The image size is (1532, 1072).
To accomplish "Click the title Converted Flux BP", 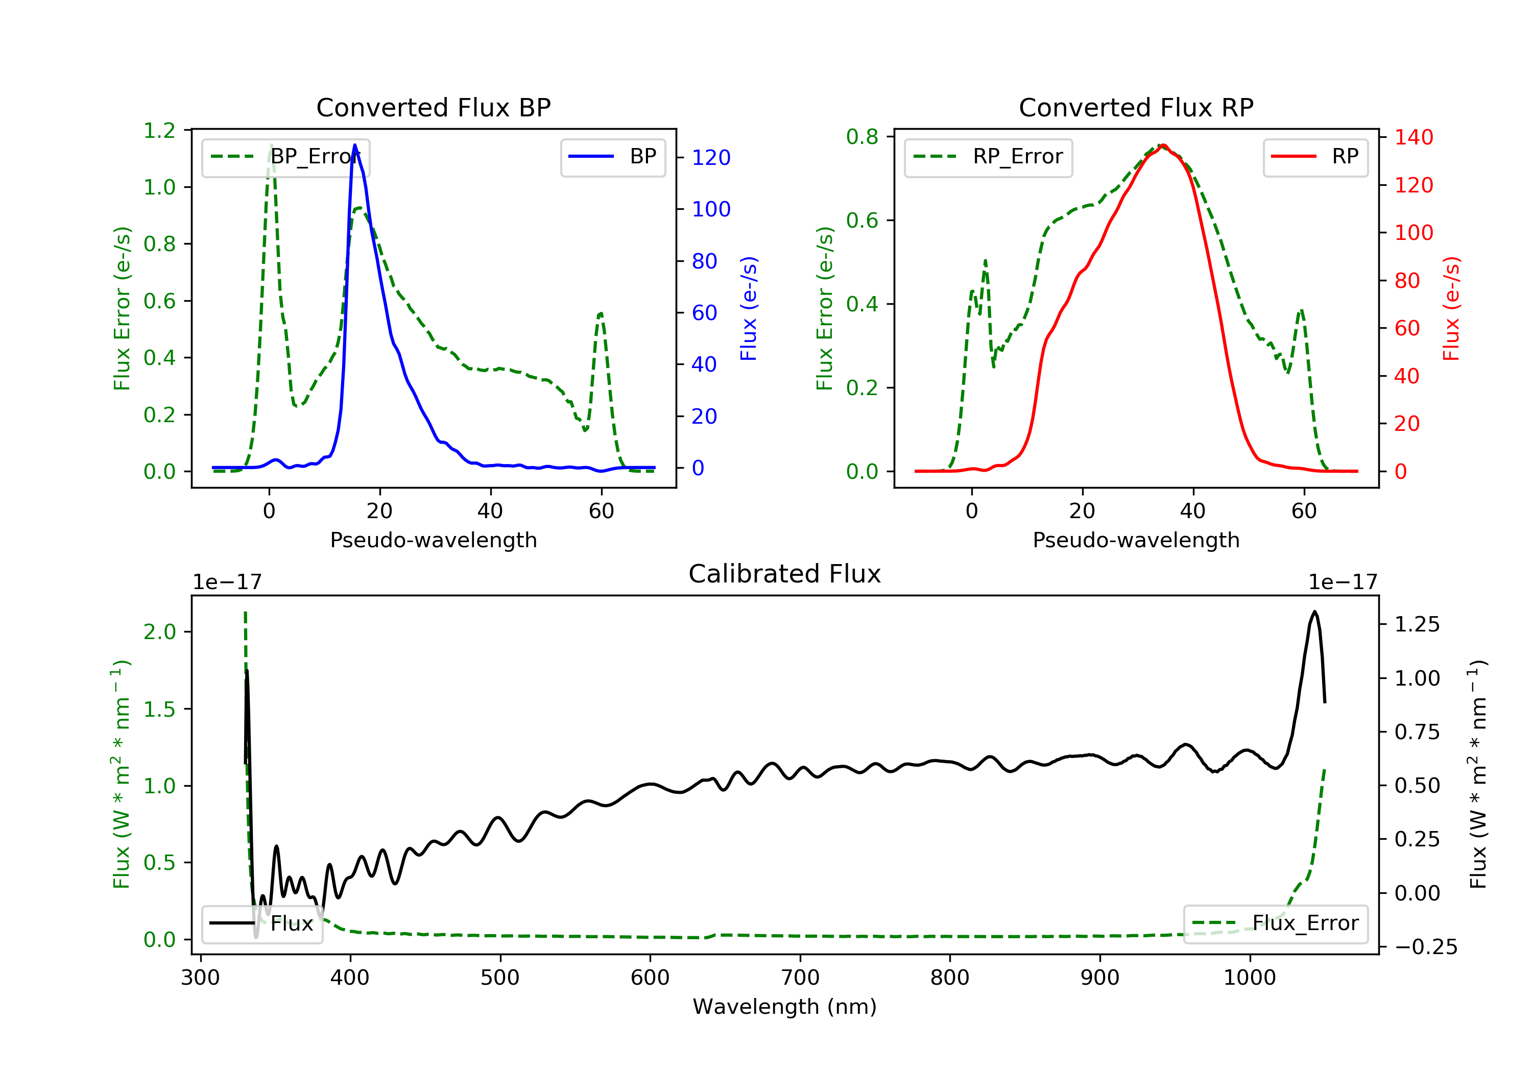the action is (433, 107).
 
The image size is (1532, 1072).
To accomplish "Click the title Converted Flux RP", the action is (1136, 107).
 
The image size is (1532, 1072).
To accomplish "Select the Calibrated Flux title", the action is (785, 574).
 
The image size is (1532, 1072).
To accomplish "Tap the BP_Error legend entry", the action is (285, 157).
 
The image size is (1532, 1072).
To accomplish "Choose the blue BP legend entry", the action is (612, 157).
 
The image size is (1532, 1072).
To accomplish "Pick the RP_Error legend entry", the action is (988, 157).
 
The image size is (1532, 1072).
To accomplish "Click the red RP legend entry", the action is (1315, 157).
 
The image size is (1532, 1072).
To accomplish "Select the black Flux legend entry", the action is (261, 923).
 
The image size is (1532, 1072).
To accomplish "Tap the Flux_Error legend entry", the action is (1275, 923).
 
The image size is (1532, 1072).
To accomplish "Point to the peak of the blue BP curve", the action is (354, 145).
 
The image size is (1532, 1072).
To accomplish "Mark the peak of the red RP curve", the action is (1162, 145).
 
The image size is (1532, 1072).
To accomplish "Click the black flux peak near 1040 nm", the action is (1314, 611).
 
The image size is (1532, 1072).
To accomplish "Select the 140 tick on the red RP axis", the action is (1414, 137).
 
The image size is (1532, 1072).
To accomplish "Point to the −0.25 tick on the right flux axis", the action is (1426, 947).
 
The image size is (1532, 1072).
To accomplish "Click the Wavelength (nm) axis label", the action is (785, 1007).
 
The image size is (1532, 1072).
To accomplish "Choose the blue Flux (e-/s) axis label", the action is (749, 309).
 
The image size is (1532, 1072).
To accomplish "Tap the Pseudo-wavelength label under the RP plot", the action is (1136, 540).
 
